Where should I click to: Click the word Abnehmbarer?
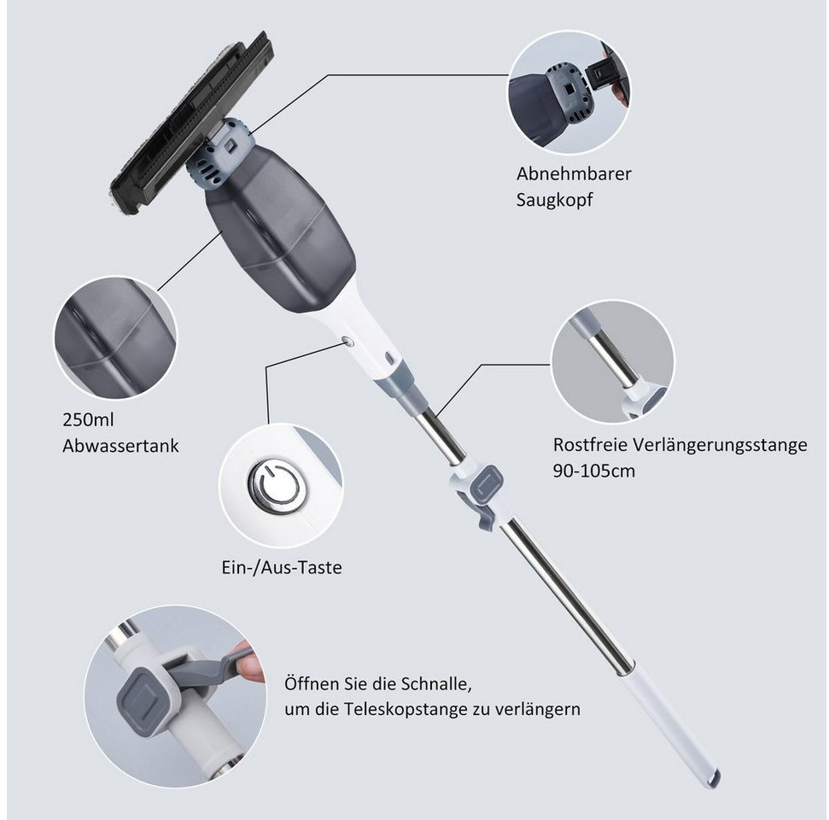coord(574,173)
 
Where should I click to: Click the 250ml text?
coord(89,419)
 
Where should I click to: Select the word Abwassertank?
coord(120,445)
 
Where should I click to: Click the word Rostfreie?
coord(590,445)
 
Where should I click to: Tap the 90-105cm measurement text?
coord(594,471)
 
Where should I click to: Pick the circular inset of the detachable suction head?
coord(569,86)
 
